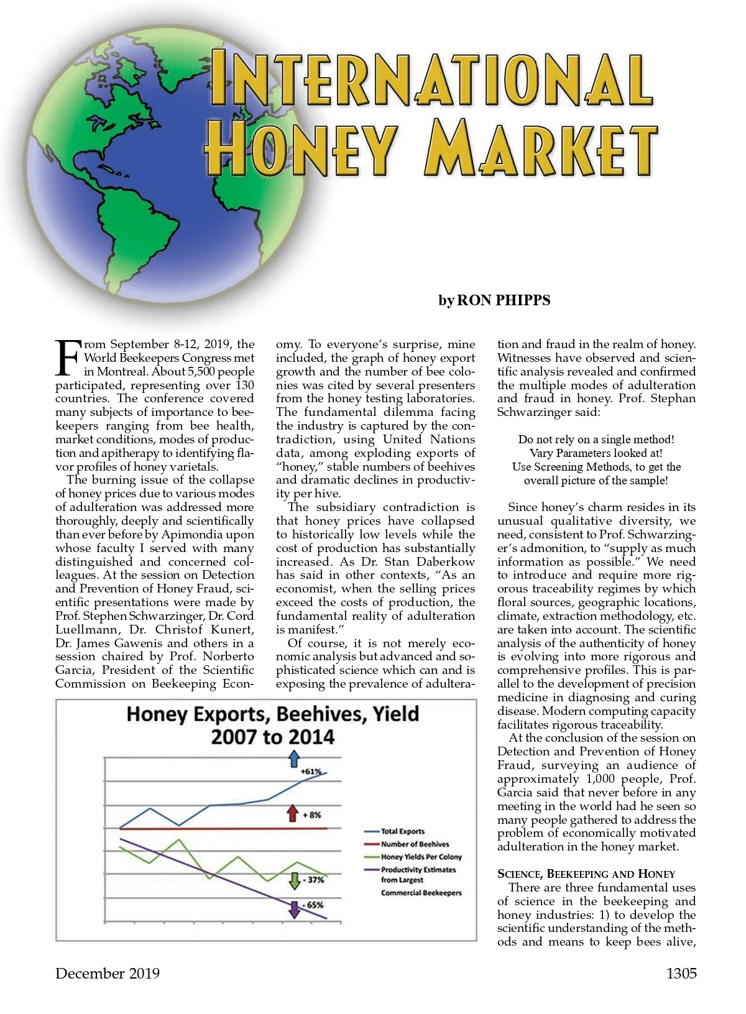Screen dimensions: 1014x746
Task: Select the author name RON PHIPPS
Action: pyautogui.click(x=504, y=300)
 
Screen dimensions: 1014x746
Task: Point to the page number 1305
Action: pyautogui.click(x=681, y=974)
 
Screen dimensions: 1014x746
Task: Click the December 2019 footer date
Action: pyautogui.click(x=108, y=974)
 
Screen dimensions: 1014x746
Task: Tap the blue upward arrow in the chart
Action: pyautogui.click(x=294, y=758)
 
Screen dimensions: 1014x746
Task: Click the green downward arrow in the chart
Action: pyautogui.click(x=295, y=880)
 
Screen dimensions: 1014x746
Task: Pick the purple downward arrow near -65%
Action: pyautogui.click(x=293, y=909)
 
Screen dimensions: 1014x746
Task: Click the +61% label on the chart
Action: pyautogui.click(x=311, y=772)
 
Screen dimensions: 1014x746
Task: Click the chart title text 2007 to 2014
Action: pyautogui.click(x=272, y=737)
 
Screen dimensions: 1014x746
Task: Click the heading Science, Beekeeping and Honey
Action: pyautogui.click(x=586, y=873)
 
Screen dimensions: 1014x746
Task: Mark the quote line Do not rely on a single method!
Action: pyautogui.click(x=596, y=440)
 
